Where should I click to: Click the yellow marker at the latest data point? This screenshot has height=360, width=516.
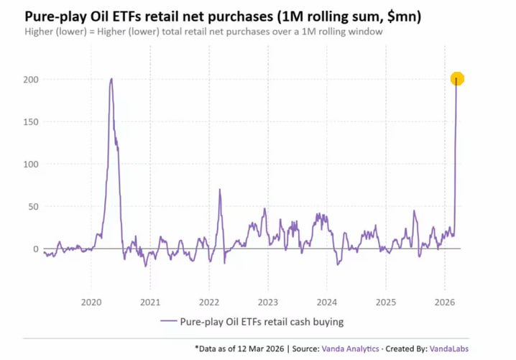(x=457, y=79)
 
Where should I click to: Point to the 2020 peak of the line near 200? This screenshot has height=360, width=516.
(x=111, y=79)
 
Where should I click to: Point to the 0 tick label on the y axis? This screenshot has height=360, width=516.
(x=34, y=249)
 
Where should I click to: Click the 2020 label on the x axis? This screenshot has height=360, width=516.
(x=91, y=302)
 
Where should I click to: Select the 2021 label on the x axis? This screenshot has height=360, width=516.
(x=150, y=302)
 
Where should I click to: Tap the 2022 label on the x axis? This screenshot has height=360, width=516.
(x=209, y=302)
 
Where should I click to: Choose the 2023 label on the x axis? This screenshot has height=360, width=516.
(x=268, y=302)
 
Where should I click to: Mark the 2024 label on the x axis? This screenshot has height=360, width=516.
(x=327, y=302)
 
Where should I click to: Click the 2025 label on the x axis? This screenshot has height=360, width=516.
(x=386, y=302)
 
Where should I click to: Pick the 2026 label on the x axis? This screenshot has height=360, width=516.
(x=445, y=302)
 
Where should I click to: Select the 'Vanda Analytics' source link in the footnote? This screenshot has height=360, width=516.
(x=350, y=349)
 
